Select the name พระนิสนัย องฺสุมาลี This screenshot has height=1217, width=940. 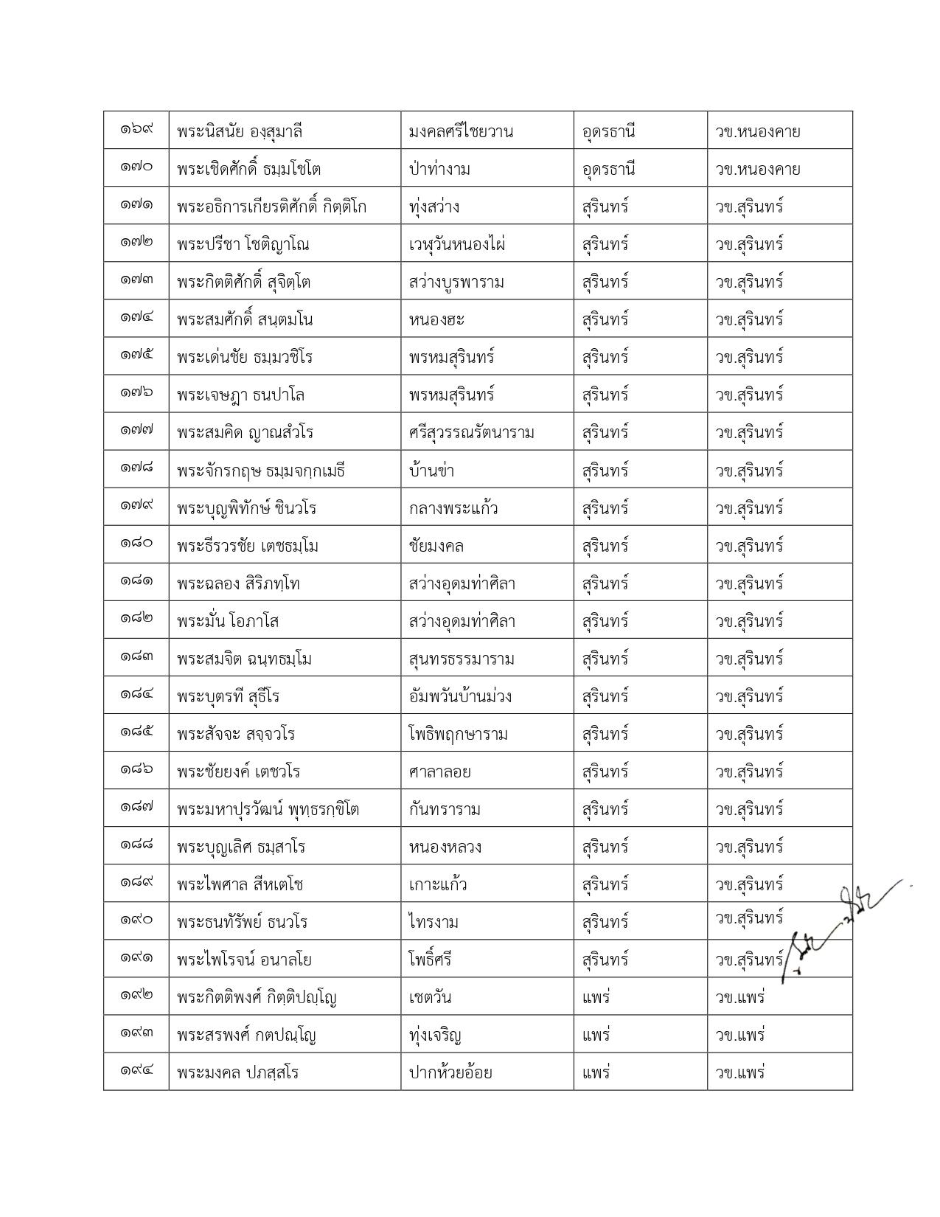click(240, 132)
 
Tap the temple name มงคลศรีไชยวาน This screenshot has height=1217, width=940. click(461, 132)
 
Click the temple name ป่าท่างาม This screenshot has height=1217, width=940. click(439, 170)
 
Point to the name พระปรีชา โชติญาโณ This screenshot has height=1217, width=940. click(243, 245)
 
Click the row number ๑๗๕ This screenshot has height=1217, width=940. click(136, 355)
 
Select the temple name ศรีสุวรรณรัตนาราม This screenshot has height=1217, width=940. click(471, 433)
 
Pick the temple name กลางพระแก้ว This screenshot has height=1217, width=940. click(453, 508)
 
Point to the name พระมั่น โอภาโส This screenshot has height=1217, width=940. click(228, 621)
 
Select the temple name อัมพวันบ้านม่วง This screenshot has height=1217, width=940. click(460, 696)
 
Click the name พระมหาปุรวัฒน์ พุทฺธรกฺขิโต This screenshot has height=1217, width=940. click(268, 809)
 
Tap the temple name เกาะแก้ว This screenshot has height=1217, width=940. click(438, 884)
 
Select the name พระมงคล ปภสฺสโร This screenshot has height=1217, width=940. click(237, 1073)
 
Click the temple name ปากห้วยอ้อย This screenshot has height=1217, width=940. click(450, 1073)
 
